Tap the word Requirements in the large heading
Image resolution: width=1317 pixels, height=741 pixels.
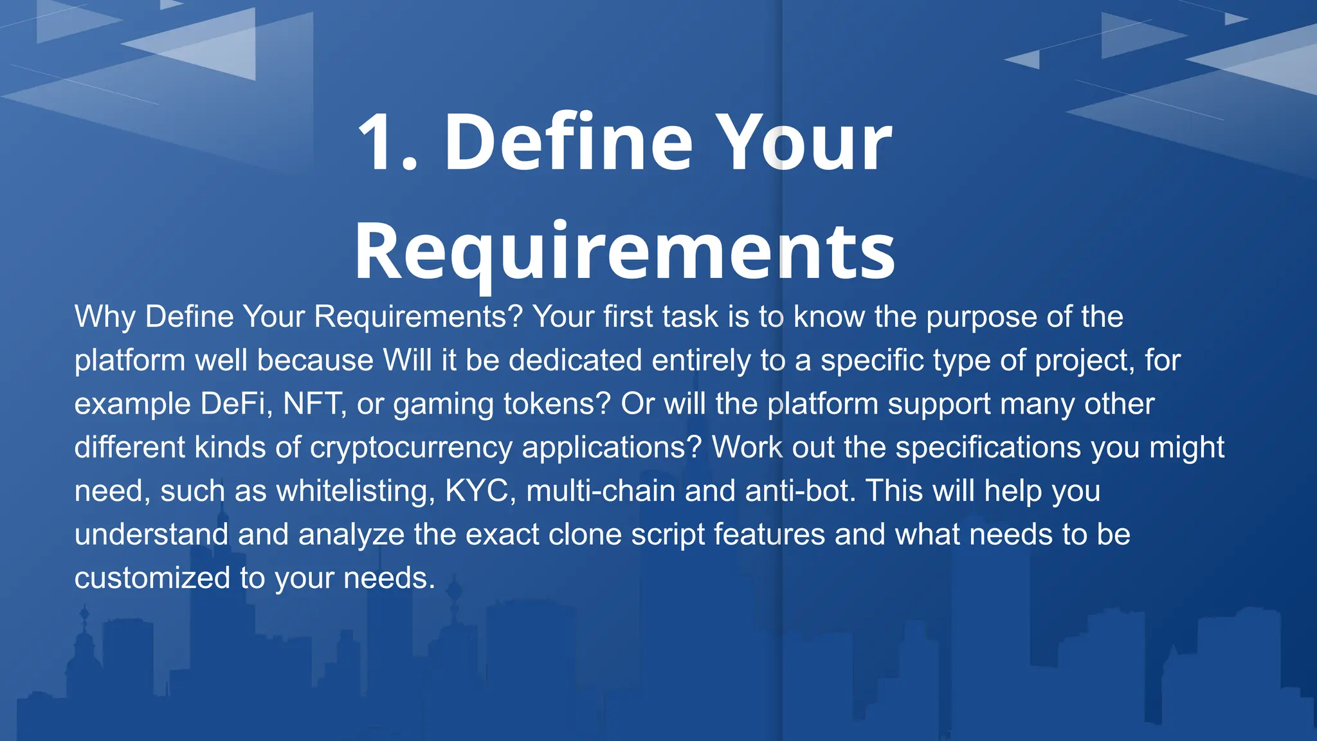coord(624,252)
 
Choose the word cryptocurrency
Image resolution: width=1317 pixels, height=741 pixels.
coord(411,448)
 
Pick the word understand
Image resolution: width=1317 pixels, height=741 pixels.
coord(151,535)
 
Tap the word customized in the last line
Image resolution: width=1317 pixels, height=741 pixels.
coord(152,578)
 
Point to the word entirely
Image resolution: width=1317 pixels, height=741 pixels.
coord(702,360)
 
